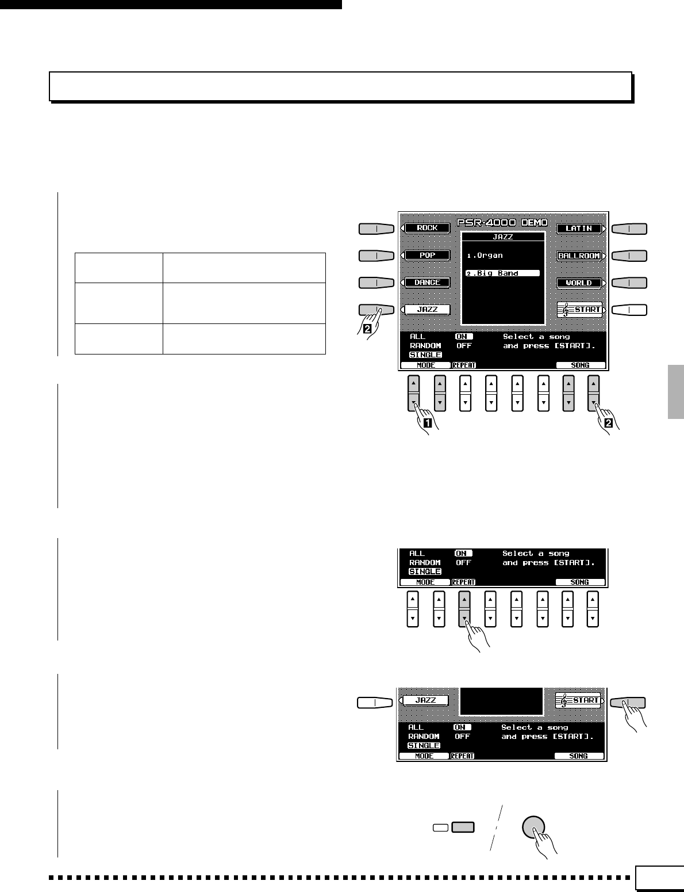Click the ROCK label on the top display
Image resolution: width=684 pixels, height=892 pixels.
pyautogui.click(x=427, y=228)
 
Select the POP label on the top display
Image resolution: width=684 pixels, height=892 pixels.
pyautogui.click(x=427, y=255)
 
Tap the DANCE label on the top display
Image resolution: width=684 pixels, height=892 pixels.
pyautogui.click(x=427, y=283)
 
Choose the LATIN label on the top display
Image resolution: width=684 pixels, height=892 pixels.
pyautogui.click(x=579, y=228)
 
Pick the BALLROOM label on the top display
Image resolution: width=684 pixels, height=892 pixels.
pyautogui.click(x=579, y=256)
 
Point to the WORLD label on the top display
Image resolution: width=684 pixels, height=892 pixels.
pyautogui.click(x=579, y=283)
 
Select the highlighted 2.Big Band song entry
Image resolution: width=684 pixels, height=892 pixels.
pyautogui.click(x=502, y=273)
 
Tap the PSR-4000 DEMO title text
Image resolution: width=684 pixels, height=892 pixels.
pyautogui.click(x=502, y=222)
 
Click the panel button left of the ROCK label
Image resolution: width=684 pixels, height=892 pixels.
pyautogui.click(x=376, y=228)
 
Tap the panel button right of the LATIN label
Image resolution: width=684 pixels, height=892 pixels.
pyautogui.click(x=629, y=228)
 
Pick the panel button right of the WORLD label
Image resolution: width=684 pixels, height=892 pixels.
pyautogui.click(x=629, y=283)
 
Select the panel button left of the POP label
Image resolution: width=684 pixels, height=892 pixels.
pyautogui.click(x=376, y=255)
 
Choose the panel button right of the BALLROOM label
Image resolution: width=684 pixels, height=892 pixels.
pyautogui.click(x=629, y=256)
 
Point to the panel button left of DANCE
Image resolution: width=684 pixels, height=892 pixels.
pyautogui.click(x=376, y=283)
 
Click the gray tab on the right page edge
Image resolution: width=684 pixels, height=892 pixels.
pyautogui.click(x=676, y=391)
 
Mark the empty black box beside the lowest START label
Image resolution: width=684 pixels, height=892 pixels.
pyautogui.click(x=502, y=701)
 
